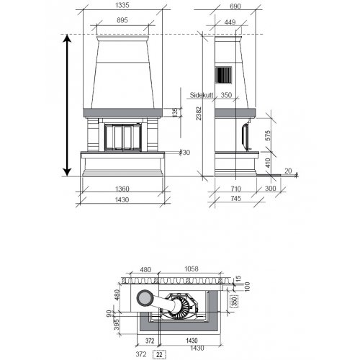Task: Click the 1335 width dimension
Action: click(122, 5)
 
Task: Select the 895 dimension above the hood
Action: click(122, 20)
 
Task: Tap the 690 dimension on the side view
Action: click(235, 6)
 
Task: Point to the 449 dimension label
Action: click(230, 22)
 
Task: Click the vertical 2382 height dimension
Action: click(199, 113)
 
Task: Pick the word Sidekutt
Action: click(202, 95)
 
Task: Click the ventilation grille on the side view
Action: click(223, 75)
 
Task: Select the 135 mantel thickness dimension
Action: click(175, 112)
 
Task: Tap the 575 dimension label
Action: click(268, 135)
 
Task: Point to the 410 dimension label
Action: click(268, 163)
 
